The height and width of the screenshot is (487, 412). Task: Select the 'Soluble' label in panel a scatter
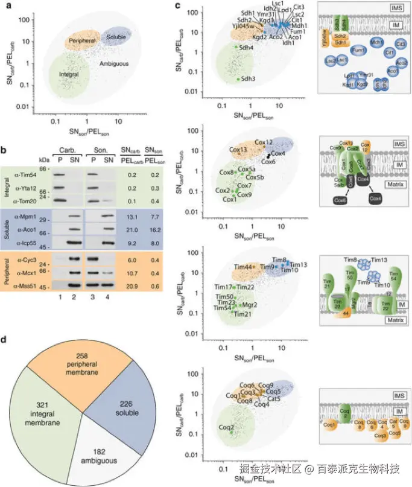pyautogui.click(x=116, y=37)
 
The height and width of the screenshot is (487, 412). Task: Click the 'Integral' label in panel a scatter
pyautogui.click(x=69, y=74)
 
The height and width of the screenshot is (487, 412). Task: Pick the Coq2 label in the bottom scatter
pyautogui.click(x=227, y=428)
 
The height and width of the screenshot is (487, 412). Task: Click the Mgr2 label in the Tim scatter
pyautogui.click(x=250, y=305)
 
